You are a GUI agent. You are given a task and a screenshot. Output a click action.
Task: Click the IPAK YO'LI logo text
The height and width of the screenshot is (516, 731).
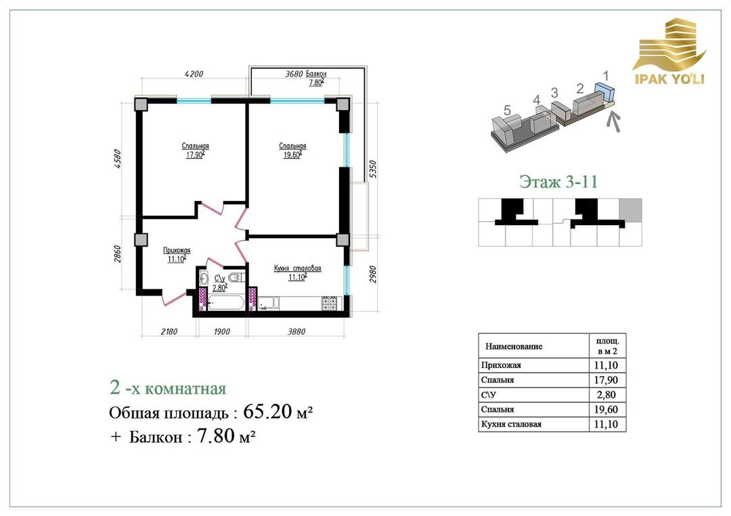pos(669,78)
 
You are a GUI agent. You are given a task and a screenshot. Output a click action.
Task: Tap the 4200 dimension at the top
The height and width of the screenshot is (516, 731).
pos(194,74)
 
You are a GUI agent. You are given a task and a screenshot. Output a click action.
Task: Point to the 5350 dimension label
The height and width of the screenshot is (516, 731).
pos(372,170)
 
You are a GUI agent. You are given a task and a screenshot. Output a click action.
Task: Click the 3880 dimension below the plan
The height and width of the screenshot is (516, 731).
pos(296,331)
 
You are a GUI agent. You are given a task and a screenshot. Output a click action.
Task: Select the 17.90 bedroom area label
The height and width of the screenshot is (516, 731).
pos(196,155)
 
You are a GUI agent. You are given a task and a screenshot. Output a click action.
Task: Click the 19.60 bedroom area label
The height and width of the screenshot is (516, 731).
pos(293,155)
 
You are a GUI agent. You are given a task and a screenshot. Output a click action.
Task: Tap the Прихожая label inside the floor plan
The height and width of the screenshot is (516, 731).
pos(177,250)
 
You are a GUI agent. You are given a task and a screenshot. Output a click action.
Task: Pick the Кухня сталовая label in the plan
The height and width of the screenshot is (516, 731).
pos(297,268)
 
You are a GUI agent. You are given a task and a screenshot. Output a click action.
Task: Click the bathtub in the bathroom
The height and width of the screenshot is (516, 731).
pos(225,303)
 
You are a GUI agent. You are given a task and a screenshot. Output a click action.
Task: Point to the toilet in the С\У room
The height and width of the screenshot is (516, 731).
pos(237,278)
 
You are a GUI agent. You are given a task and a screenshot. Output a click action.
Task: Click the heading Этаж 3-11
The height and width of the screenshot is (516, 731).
pos(558,181)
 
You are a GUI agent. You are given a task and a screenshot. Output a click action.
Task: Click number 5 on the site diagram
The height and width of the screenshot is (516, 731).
pos(507,110)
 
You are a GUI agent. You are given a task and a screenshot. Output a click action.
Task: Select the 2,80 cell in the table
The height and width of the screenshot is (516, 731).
pos(606,395)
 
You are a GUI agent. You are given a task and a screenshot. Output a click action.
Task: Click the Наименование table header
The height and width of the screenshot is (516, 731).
pos(514,346)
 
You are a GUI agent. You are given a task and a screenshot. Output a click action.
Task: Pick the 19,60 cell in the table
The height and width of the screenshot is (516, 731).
pos(606,409)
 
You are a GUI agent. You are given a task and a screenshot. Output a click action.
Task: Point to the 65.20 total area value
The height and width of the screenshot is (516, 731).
pos(267,412)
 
